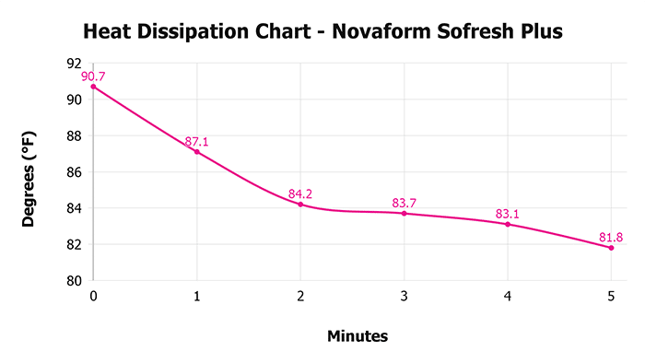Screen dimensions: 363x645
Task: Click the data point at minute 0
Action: [93, 87]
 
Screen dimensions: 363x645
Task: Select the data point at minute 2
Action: [300, 204]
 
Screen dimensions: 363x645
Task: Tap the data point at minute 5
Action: [611, 247]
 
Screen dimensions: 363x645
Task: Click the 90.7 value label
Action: [94, 76]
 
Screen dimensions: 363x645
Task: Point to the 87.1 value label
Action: [196, 141]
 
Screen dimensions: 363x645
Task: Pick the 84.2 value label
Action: [300, 193]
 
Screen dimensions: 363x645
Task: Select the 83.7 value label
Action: [404, 203]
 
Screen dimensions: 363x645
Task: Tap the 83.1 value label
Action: [508, 214]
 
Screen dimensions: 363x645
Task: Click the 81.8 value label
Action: [611, 237]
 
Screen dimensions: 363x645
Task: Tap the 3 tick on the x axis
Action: [404, 297]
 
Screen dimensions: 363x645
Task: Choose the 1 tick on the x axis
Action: [196, 297]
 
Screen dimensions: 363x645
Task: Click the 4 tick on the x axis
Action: [508, 297]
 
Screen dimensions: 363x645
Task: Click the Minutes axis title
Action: [358, 336]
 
